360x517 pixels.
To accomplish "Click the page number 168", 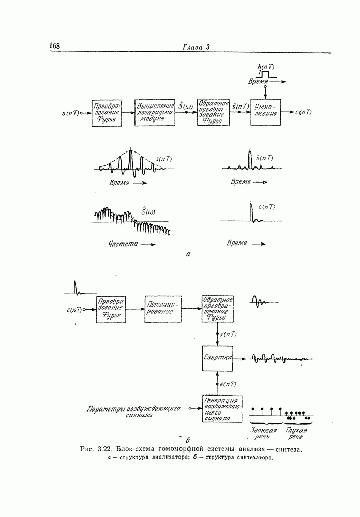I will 55,47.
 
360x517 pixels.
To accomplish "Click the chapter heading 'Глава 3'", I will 196,48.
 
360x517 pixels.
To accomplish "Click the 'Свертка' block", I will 217,358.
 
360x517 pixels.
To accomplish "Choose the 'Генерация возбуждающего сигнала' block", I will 220,409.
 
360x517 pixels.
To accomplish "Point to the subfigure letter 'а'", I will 188,254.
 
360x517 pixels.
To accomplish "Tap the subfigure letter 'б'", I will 181,440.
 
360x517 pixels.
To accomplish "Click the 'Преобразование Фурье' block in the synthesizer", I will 112,309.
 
